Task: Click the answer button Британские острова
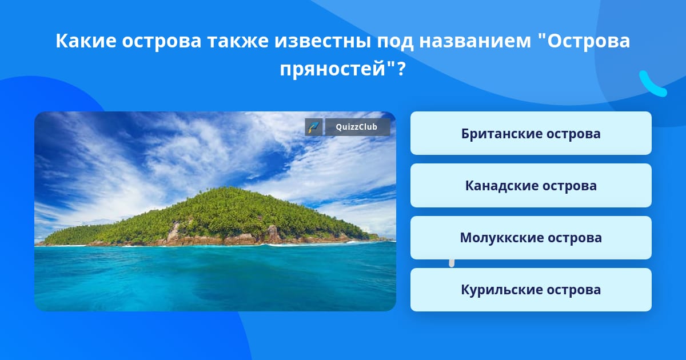[531, 133]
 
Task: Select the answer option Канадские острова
[531, 185]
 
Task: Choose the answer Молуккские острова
[531, 238]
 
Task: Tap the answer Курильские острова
[531, 290]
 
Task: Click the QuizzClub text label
[357, 127]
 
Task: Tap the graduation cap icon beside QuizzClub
[314, 127]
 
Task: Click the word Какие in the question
[86, 41]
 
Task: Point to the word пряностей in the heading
[333, 69]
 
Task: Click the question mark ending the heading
[401, 68]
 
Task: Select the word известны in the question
[322, 41]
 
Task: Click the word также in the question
[238, 41]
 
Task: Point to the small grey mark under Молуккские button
[452, 263]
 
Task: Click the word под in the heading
[395, 41]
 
